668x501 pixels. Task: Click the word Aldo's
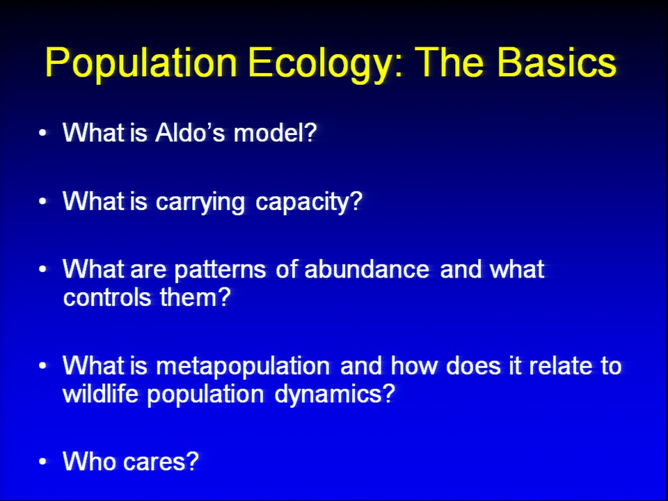click(189, 132)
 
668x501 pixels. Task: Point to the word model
click(275, 132)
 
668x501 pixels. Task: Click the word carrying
click(200, 202)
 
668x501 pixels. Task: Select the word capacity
click(308, 202)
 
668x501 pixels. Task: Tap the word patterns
click(221, 270)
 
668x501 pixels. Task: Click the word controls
click(107, 296)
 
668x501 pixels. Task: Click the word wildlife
click(100, 393)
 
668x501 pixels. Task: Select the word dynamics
click(335, 395)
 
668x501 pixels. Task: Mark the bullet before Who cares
click(42, 461)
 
